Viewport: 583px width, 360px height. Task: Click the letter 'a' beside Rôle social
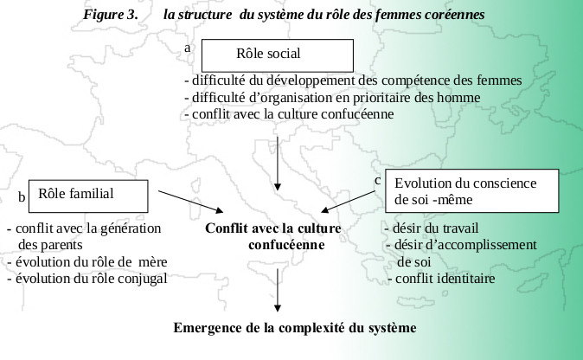[x=188, y=48]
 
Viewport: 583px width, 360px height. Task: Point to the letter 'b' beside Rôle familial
[x=22, y=196]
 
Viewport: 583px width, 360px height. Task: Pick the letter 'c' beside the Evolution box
[x=378, y=181]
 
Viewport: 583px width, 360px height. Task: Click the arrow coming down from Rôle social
[x=278, y=164]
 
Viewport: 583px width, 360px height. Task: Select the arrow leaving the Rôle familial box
[x=191, y=202]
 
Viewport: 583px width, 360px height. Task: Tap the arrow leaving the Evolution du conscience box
[x=348, y=202]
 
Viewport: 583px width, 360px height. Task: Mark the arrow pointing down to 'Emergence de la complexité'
[x=278, y=290]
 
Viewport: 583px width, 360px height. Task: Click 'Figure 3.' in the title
[x=111, y=15]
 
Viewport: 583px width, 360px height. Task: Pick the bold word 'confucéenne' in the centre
[x=286, y=245]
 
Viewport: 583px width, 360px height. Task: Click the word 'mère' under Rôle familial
[x=152, y=262]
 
